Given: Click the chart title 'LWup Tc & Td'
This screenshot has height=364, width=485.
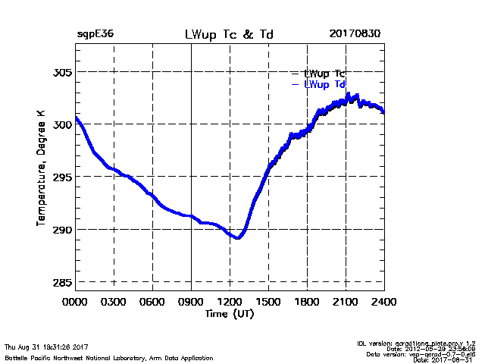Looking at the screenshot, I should click(x=228, y=35).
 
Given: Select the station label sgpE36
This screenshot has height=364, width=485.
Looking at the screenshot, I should click(x=95, y=35).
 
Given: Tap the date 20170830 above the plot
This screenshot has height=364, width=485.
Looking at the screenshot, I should click(x=355, y=35).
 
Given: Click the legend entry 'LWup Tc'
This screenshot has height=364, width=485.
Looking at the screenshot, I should click(x=324, y=73).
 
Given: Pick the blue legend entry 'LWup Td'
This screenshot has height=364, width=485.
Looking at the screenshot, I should click(x=324, y=84).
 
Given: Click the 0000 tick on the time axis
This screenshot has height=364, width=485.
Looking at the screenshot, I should click(x=75, y=302).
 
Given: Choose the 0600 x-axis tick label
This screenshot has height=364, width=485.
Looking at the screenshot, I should click(x=152, y=302).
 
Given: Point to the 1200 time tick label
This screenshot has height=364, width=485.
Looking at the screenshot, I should click(x=230, y=302).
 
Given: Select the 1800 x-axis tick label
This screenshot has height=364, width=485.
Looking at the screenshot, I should click(x=307, y=302).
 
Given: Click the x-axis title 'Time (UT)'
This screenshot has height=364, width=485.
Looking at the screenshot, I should click(x=229, y=313).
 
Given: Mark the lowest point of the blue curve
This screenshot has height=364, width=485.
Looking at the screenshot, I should click(x=238, y=238).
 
